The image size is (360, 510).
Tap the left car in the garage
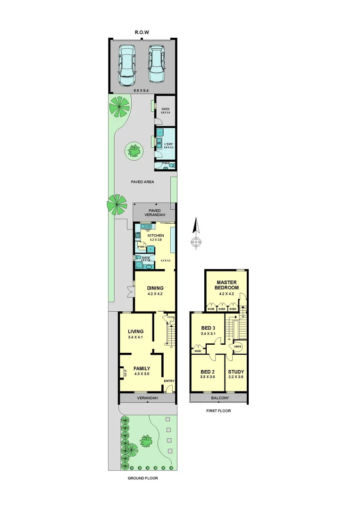pos(126,65)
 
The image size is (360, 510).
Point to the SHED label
pos(165,109)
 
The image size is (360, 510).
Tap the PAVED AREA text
pos(142,181)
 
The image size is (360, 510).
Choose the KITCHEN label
pos(156,235)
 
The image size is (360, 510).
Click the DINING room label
pos(155,288)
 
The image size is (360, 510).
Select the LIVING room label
pos(135,331)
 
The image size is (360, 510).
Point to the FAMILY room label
pos(142,368)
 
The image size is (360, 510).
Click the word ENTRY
pos(169,381)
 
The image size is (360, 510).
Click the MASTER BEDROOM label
pos(226,285)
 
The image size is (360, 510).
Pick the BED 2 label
pos(208,371)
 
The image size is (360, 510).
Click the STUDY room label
pos(236,371)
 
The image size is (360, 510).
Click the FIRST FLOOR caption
pos(218,411)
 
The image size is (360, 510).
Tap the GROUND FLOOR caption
pos(142,478)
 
